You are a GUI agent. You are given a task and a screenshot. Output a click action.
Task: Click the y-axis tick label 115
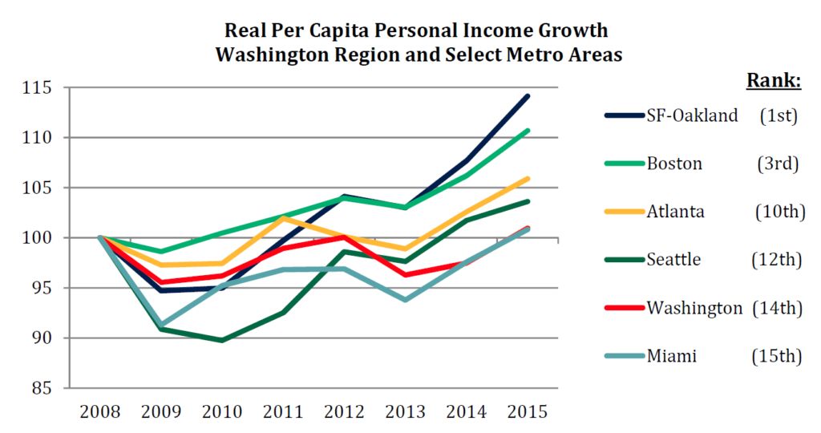click(x=38, y=87)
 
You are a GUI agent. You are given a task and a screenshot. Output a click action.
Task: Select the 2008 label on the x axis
click(x=100, y=412)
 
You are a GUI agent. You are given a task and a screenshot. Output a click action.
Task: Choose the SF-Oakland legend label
click(x=691, y=115)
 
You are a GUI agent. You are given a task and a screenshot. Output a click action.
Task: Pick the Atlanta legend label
click(x=676, y=212)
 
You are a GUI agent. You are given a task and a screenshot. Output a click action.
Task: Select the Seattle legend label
click(x=673, y=260)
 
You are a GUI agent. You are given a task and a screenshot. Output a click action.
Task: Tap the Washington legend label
click(x=694, y=308)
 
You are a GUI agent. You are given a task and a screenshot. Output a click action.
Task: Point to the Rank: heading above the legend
click(x=774, y=81)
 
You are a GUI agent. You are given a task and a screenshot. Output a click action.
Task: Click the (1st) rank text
click(x=779, y=115)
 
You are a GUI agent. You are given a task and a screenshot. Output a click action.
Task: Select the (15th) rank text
click(x=779, y=356)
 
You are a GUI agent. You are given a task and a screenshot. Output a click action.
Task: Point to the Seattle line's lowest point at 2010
click(x=222, y=340)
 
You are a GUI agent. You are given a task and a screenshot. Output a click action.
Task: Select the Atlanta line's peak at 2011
click(x=283, y=217)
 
